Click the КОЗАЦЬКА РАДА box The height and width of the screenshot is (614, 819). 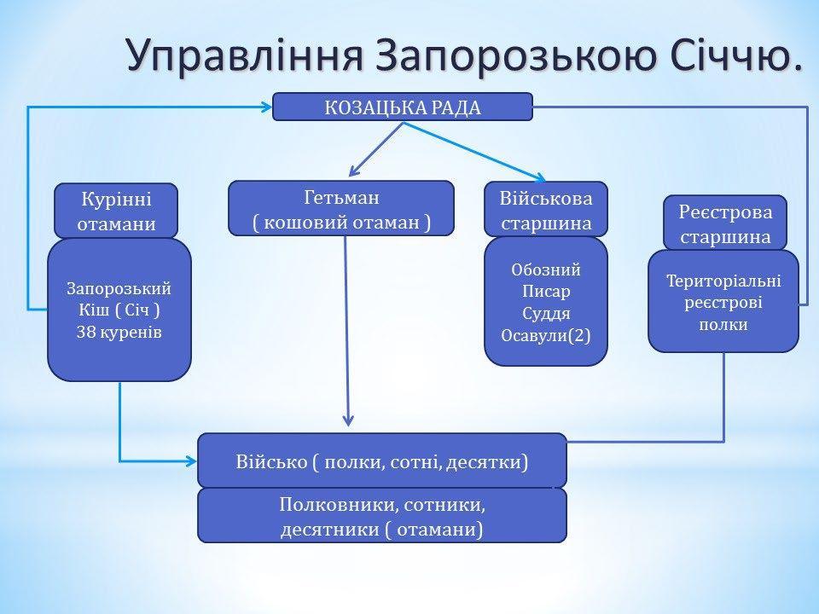coord(403,107)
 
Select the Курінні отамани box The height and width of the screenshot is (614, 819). coord(116,211)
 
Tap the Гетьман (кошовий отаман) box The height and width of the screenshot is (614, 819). coord(341,208)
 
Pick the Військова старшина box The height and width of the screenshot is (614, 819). coord(546,209)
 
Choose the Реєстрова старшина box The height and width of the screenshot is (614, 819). coord(725,223)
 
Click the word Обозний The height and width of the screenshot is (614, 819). coord(546,270)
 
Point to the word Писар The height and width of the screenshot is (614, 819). coord(546,292)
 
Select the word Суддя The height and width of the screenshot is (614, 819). coord(546,313)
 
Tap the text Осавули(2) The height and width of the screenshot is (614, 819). coord(546,335)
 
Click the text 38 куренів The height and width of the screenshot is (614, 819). coord(119,332)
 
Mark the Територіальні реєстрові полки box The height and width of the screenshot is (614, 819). coord(723,302)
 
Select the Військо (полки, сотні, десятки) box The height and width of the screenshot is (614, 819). coord(382,461)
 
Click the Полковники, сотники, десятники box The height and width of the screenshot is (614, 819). coord(382,516)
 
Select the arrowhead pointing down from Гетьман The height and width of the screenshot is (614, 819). coord(348,419)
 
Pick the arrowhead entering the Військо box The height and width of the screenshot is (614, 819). coord(191,461)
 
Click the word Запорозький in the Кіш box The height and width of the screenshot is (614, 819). coord(119,287)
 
